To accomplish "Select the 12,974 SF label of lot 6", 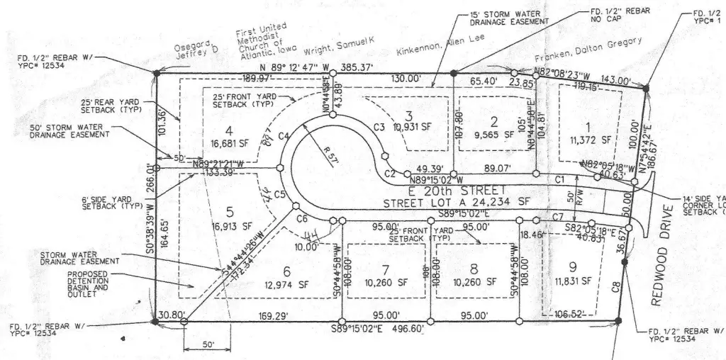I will (x=284, y=285).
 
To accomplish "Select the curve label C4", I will (x=284, y=135).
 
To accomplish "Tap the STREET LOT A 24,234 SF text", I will (x=457, y=202).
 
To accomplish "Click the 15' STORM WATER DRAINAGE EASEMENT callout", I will (x=510, y=17).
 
